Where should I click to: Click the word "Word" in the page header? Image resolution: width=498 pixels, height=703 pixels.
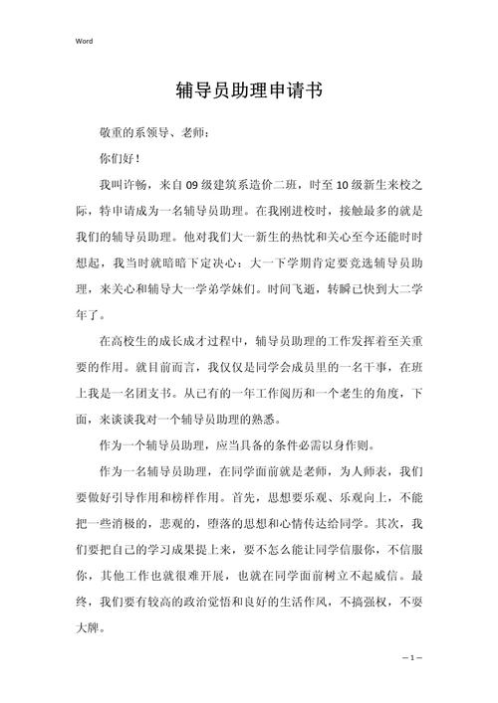(x=83, y=41)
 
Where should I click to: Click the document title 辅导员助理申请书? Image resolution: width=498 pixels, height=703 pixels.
(x=249, y=90)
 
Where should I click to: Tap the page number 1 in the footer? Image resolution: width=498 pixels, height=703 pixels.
(x=413, y=658)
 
